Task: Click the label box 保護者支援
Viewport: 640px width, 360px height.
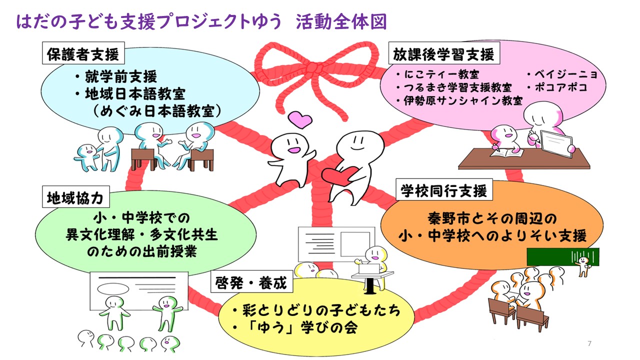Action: [83, 53]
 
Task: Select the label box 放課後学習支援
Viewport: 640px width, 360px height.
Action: [444, 53]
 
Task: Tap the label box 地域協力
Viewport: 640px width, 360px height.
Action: [76, 197]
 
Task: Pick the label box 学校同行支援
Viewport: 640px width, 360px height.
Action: [444, 189]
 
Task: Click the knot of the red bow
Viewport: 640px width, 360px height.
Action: [315, 68]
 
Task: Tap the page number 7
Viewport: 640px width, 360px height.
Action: [589, 343]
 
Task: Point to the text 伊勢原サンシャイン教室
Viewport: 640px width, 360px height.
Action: [463, 101]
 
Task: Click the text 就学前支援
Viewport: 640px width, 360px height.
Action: [121, 76]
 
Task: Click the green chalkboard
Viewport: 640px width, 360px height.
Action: [563, 257]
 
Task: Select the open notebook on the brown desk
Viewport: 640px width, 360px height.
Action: [507, 153]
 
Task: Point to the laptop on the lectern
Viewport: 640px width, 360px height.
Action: [369, 269]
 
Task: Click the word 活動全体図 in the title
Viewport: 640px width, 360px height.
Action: [341, 22]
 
